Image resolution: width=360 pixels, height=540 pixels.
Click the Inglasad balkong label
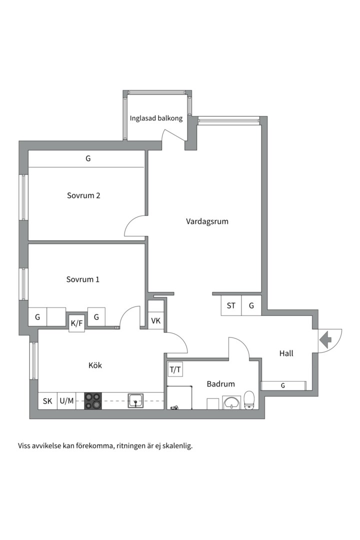click(x=156, y=118)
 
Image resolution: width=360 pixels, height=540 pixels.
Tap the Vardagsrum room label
click(x=207, y=221)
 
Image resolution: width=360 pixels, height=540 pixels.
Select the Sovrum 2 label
click(x=83, y=195)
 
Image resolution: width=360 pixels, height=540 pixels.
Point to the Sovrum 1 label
click(x=82, y=279)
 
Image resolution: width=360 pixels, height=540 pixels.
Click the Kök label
click(x=95, y=365)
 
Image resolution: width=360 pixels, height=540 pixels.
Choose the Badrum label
click(x=221, y=383)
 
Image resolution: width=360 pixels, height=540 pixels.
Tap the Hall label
click(x=286, y=353)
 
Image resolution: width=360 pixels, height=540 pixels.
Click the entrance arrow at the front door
click(x=325, y=340)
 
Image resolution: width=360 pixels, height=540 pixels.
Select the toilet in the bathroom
click(x=249, y=400)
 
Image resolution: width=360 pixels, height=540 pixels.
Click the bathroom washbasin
click(x=231, y=402)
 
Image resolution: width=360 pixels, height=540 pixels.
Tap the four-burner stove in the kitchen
click(x=93, y=401)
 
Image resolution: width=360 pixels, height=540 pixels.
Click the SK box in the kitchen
click(x=47, y=401)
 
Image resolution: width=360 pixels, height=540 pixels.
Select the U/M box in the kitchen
click(x=66, y=401)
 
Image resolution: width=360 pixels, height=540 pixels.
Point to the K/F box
click(x=76, y=323)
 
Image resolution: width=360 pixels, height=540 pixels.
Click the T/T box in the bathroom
click(x=175, y=370)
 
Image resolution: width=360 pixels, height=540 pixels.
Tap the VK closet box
click(x=155, y=320)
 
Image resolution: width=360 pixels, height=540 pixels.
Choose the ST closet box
click(x=231, y=305)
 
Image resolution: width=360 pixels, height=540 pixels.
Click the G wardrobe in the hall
click(x=283, y=385)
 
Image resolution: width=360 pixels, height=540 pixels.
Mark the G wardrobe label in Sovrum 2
click(x=88, y=159)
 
